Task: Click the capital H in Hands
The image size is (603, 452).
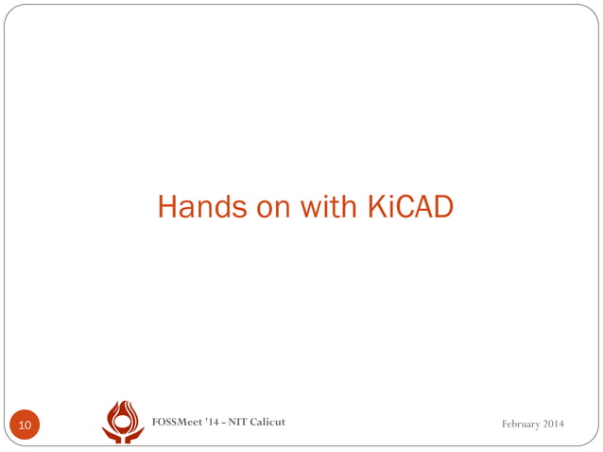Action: click(167, 206)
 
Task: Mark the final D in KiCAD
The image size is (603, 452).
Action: click(443, 206)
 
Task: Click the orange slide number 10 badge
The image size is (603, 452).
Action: click(25, 426)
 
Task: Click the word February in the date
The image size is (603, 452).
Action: click(522, 423)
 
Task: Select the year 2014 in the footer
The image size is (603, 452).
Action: click(555, 423)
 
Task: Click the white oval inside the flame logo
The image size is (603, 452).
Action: click(123, 418)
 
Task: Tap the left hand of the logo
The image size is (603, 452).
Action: click(112, 435)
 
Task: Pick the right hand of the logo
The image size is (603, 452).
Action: click(135, 435)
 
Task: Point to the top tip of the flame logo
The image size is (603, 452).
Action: click(124, 402)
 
